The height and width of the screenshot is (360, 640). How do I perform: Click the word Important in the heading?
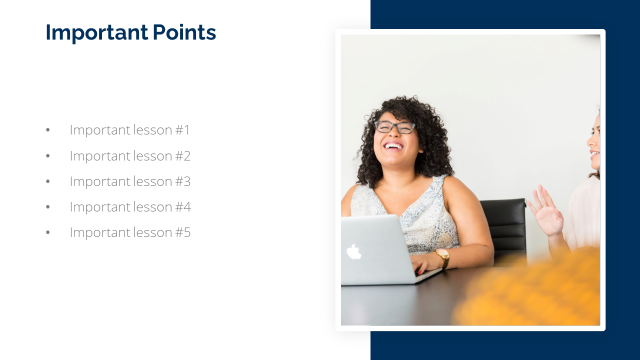[97, 33]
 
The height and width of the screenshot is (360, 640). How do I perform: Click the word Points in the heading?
[184, 32]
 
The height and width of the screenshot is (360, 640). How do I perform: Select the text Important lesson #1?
[129, 130]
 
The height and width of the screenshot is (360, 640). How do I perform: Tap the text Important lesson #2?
[130, 156]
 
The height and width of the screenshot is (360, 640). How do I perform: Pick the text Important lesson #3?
[130, 181]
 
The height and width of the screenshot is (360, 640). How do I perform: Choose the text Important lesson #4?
[130, 207]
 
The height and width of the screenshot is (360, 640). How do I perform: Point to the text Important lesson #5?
[130, 232]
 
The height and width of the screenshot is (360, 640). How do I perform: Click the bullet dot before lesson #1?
[47, 130]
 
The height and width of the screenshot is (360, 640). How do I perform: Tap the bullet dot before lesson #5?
[47, 232]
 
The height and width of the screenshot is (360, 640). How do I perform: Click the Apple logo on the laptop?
[353, 252]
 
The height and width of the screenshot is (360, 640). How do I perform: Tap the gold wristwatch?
[443, 258]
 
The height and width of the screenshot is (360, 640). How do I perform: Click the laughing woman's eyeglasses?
[395, 127]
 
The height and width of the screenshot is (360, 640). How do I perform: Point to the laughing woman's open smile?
[393, 146]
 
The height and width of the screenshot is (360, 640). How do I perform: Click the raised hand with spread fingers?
[545, 210]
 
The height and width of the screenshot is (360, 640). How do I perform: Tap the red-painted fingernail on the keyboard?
[420, 272]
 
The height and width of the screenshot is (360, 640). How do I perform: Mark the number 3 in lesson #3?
[187, 181]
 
